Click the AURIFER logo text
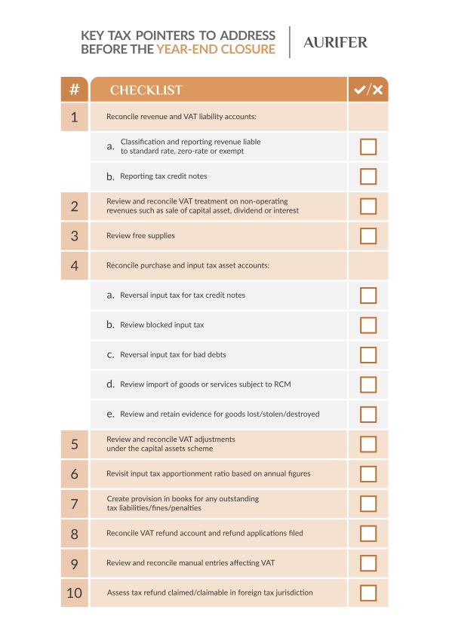pos(335,43)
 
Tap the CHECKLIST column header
pos(146,90)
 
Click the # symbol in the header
pos(74,90)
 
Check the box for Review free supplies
pos(368,236)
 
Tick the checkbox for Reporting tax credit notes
pos(368,176)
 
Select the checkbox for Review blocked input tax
pos(368,325)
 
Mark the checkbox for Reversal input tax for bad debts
pos(368,354)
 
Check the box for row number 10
pos(368,593)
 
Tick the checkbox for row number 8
pos(368,533)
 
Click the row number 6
pos(74,473)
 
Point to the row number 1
pos(74,117)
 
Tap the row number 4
pos(74,265)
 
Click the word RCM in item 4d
pos(283,384)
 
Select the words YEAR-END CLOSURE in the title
pos(216,51)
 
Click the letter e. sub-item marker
pos(111,414)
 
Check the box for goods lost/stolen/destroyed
pos(368,414)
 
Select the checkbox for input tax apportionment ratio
pos(368,473)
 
